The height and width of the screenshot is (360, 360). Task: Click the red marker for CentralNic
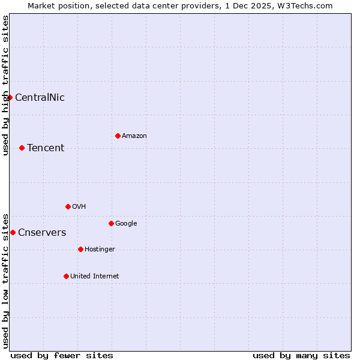[x=10, y=97]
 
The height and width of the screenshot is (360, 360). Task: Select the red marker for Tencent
[x=22, y=148]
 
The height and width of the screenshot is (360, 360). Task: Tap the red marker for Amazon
[x=118, y=136]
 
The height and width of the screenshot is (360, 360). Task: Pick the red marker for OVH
[x=68, y=206]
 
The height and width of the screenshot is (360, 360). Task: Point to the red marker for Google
[x=111, y=223]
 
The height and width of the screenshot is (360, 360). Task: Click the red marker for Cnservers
[x=13, y=232]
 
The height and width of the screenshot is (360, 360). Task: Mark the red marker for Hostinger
[x=80, y=249]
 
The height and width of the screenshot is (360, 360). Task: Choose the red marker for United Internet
[x=66, y=276]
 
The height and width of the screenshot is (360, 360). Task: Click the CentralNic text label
[x=40, y=98]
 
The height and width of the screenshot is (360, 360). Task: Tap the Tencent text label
[x=46, y=148]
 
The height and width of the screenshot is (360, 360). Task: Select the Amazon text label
[x=134, y=136]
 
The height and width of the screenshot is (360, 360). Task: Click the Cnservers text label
[x=42, y=233]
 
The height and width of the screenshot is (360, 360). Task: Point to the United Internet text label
[x=95, y=277]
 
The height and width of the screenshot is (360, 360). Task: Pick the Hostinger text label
[x=100, y=250]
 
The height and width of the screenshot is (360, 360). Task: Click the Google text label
[x=126, y=224]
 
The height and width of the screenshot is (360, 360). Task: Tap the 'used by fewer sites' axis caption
[x=62, y=355]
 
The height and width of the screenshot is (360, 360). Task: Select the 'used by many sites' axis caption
[x=301, y=355]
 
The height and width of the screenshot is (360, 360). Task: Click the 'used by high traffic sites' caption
[x=5, y=85]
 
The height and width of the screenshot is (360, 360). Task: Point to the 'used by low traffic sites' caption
[x=5, y=280]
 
